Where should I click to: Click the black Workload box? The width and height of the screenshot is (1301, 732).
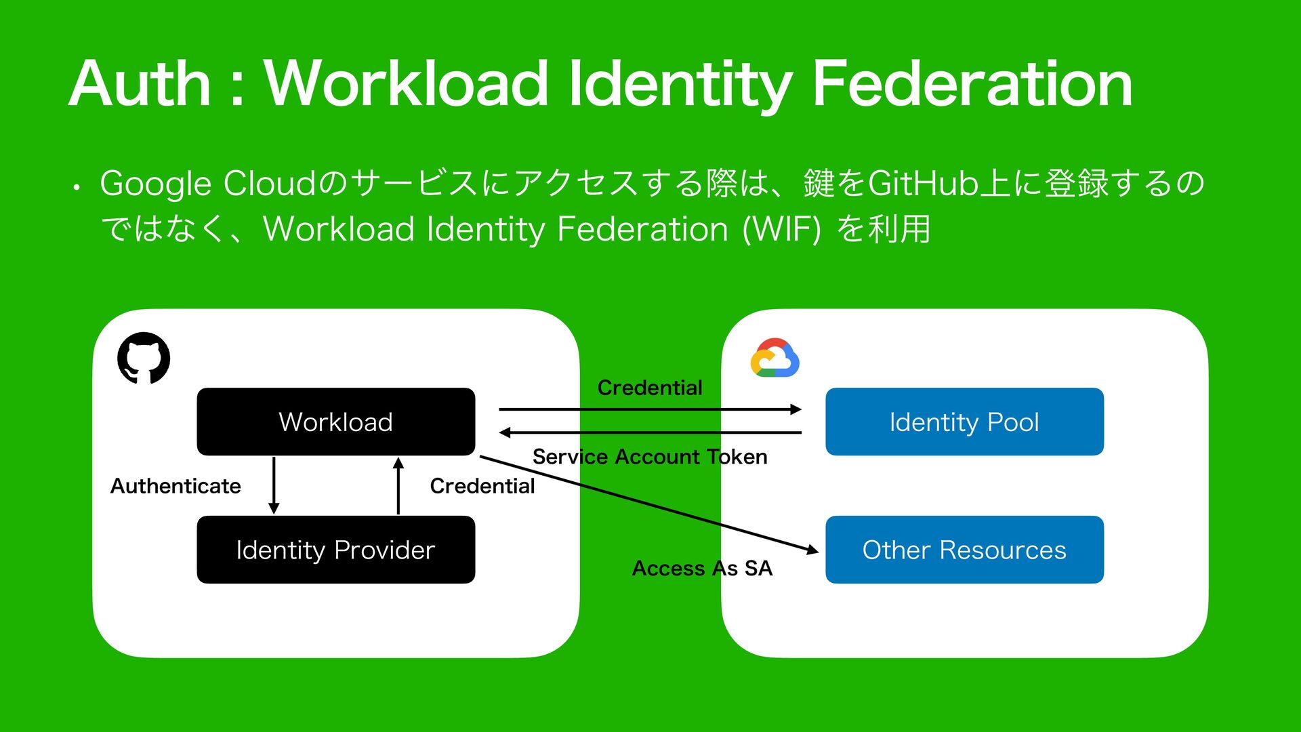[x=335, y=422]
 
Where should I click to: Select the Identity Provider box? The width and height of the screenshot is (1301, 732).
[x=335, y=550]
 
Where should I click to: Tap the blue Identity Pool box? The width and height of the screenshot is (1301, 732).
[x=964, y=422]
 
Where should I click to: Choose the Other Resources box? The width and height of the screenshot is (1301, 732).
[x=964, y=550]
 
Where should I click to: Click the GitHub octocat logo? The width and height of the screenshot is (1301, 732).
[x=144, y=358]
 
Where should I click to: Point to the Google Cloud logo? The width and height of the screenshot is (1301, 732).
[x=775, y=358]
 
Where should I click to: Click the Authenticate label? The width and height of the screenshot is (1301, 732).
[x=175, y=486]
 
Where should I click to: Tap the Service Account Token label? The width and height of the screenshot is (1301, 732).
[x=649, y=457]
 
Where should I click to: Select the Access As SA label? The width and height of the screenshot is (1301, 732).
[x=702, y=568]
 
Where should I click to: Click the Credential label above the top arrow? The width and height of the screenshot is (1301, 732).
[x=649, y=388]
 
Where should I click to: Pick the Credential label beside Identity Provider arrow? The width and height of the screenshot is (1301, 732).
[x=482, y=486]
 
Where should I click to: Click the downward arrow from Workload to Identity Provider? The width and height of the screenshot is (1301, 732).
[x=274, y=485]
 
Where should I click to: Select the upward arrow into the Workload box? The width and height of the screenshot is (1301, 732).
[x=398, y=485]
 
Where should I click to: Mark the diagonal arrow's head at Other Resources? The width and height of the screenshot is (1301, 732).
[x=812, y=550]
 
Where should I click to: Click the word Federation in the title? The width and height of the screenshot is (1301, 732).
[x=972, y=84]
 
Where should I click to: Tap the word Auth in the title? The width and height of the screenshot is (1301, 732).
[x=140, y=84]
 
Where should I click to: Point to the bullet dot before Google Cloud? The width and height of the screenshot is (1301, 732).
[x=77, y=187]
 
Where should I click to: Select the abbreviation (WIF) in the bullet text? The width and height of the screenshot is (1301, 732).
[x=781, y=229]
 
